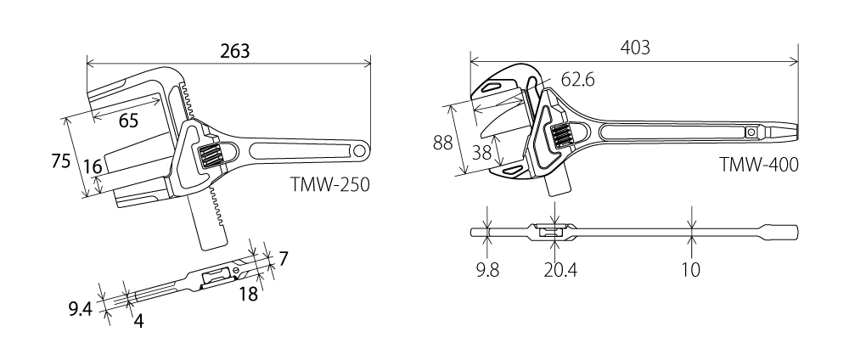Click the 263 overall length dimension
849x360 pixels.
click(x=234, y=50)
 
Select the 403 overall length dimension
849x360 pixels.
click(x=634, y=48)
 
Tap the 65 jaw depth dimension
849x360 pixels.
click(x=129, y=121)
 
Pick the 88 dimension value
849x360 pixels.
click(x=442, y=142)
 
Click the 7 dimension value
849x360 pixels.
click(x=283, y=256)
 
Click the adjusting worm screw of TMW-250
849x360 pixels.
click(x=211, y=155)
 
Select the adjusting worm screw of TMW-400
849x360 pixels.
click(x=561, y=135)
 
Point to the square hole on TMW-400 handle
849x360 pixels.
click(x=752, y=132)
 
